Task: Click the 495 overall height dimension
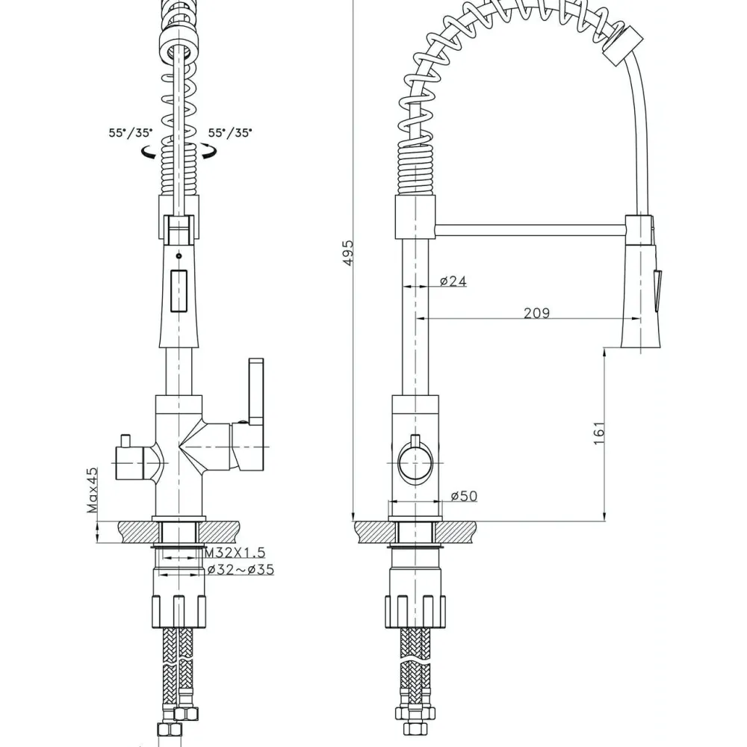tap(348, 252)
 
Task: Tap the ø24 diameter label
tap(453, 281)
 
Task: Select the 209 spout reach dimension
tap(536, 312)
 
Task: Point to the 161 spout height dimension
tap(599, 433)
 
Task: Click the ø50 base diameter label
tap(464, 496)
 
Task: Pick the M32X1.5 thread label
tap(235, 553)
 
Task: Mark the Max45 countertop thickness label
tap(93, 490)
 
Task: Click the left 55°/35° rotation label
tap(131, 133)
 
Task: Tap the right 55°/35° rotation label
tap(230, 133)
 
